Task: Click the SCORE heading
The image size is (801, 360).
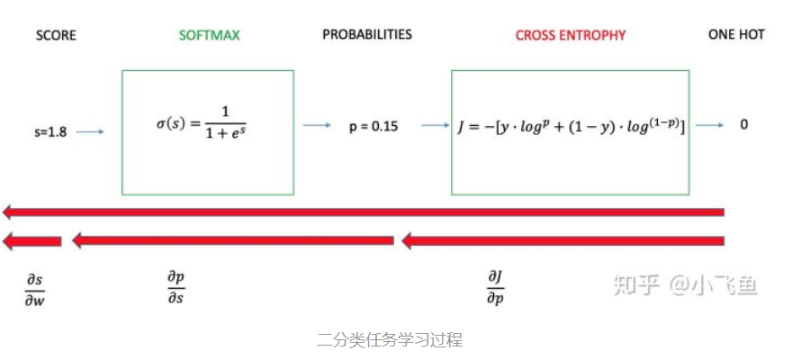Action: (56, 36)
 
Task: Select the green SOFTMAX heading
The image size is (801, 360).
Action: (210, 36)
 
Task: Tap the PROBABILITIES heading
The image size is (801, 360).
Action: (367, 35)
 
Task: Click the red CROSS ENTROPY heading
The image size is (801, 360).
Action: (571, 36)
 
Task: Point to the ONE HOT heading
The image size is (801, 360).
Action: (736, 35)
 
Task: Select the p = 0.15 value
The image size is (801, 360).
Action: (373, 126)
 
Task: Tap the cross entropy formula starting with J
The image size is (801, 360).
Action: (571, 126)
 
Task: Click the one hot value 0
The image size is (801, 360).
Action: (744, 125)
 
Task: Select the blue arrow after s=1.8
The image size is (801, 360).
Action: (90, 132)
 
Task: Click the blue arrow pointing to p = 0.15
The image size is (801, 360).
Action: (317, 126)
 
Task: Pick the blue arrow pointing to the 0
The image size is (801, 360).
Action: (710, 126)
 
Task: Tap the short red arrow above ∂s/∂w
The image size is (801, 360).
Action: (32, 241)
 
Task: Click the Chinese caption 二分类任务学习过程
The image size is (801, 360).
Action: (390, 341)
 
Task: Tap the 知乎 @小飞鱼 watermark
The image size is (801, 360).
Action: (684, 285)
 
